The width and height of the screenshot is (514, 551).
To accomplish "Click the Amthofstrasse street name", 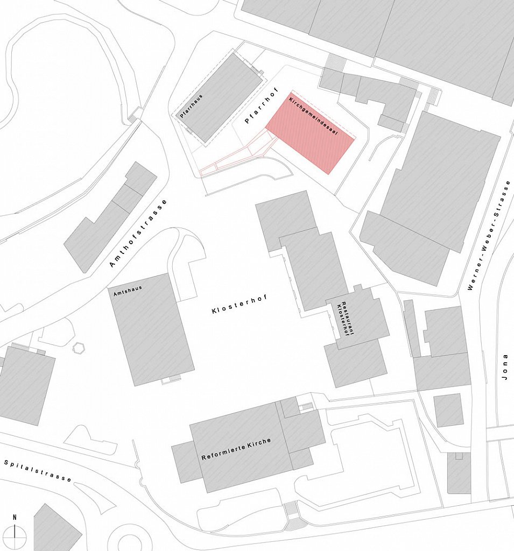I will click(138, 233).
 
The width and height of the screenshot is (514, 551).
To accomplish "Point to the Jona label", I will click(504, 371).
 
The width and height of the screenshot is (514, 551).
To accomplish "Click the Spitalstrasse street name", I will click(38, 470).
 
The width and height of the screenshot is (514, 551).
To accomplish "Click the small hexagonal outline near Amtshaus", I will click(80, 348).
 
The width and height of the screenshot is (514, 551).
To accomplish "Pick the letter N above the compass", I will click(15, 518).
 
